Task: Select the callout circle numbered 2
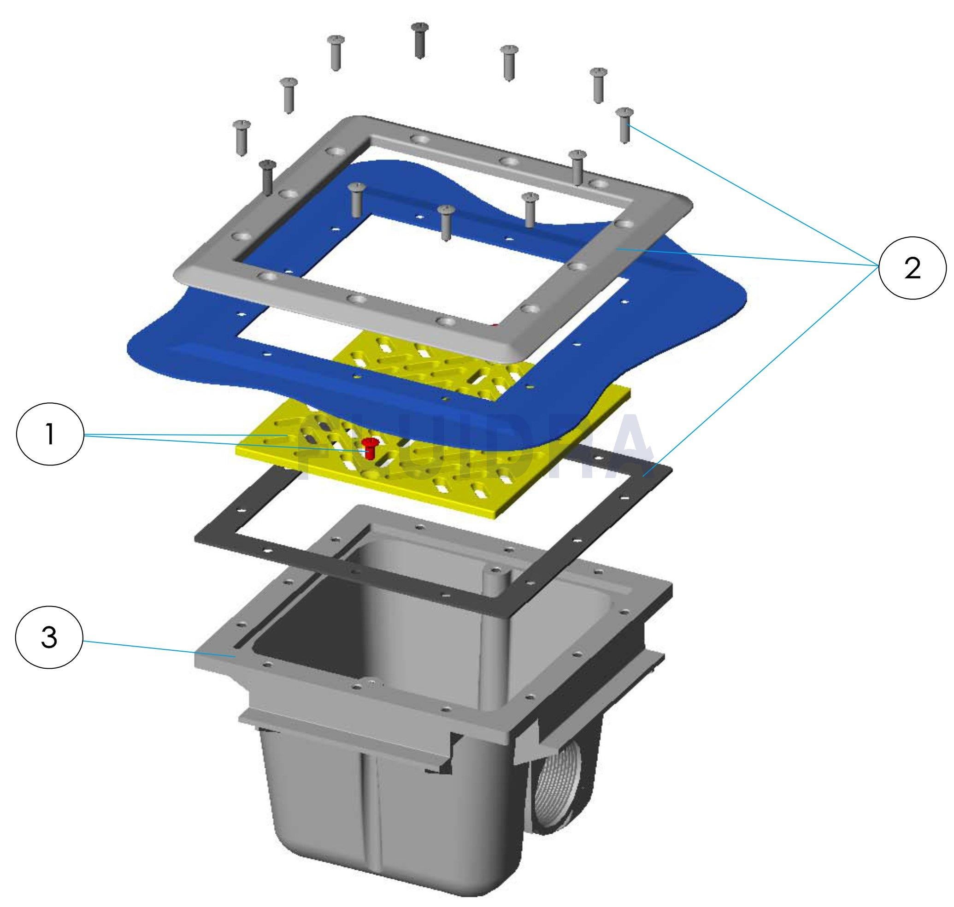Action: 912,270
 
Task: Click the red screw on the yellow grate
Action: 371,447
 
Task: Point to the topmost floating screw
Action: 419,40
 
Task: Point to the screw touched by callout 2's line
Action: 625,125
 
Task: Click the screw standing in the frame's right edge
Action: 577,167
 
